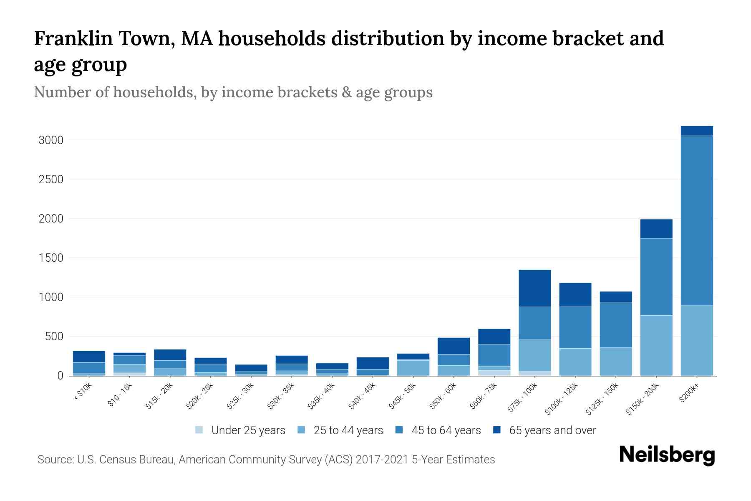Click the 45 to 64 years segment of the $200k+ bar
697,220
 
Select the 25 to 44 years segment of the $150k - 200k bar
656,345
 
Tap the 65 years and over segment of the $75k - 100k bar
534,288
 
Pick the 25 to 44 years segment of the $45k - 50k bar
413,367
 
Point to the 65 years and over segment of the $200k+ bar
697,131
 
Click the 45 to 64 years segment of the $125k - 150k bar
616,325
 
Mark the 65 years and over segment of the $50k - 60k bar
454,346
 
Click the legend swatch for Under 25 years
199,430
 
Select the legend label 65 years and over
552,430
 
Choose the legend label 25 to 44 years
348,430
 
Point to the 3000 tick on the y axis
51,140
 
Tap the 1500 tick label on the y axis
51,258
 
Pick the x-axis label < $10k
83,392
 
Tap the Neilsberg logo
667,455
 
